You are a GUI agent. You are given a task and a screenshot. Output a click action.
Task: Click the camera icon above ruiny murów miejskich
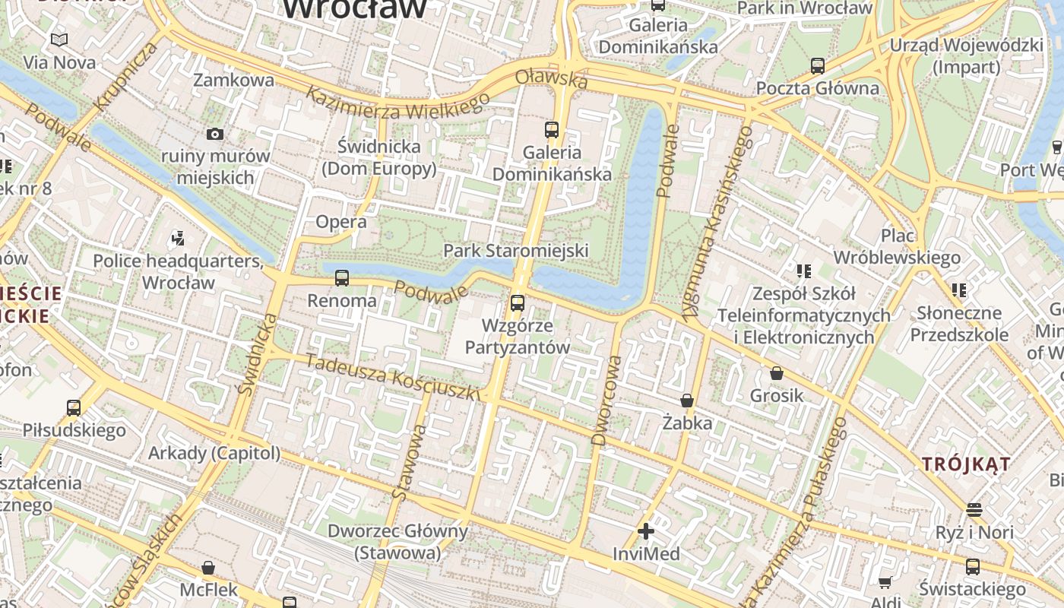pyautogui.click(x=215, y=134)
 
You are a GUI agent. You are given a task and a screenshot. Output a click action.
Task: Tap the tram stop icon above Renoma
pyautogui.click(x=342, y=278)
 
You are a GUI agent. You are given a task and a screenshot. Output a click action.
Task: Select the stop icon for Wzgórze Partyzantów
pyautogui.click(x=518, y=302)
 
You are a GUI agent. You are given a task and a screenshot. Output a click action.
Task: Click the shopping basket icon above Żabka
pyautogui.click(x=687, y=401)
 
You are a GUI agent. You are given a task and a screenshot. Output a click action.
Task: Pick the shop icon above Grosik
pyautogui.click(x=777, y=373)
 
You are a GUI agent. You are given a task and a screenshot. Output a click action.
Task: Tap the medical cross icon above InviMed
pyautogui.click(x=646, y=531)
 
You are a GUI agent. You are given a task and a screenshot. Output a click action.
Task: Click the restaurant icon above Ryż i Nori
pyautogui.click(x=974, y=509)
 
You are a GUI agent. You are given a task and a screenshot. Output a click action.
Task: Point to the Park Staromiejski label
pyautogui.click(x=516, y=250)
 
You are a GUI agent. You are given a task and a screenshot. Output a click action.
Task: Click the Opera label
pyautogui.click(x=341, y=222)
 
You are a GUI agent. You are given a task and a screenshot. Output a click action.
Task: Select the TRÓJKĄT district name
pyautogui.click(x=967, y=464)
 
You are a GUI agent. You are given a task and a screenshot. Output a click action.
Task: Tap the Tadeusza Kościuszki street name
pyautogui.click(x=393, y=378)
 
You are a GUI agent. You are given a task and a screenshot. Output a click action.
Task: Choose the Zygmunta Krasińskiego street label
pyautogui.click(x=717, y=224)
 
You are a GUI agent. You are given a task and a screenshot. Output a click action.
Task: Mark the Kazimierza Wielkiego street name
pyautogui.click(x=397, y=102)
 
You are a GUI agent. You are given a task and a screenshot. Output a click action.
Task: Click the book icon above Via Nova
pyautogui.click(x=59, y=40)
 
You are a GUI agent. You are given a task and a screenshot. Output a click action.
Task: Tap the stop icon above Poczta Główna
pyautogui.click(x=818, y=66)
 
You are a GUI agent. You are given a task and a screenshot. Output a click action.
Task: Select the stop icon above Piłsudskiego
pyautogui.click(x=74, y=408)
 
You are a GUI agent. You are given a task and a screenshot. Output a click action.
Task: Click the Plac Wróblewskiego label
pyautogui.click(x=897, y=246)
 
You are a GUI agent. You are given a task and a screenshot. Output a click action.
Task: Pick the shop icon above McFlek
pyautogui.click(x=208, y=568)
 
